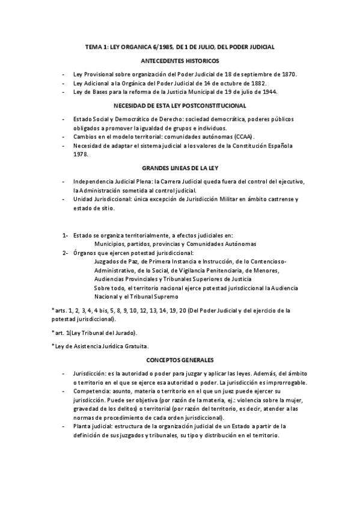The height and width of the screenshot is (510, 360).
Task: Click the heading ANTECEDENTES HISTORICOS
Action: click(x=180, y=61)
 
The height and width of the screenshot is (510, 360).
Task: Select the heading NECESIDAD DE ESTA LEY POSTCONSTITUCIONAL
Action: click(x=180, y=105)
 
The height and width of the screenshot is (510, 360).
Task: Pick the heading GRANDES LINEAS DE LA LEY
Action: click(x=180, y=168)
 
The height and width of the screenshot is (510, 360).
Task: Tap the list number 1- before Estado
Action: click(x=64, y=235)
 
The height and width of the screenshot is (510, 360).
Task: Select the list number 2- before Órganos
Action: click(x=64, y=253)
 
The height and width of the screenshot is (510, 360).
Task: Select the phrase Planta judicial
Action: click(x=93, y=426)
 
